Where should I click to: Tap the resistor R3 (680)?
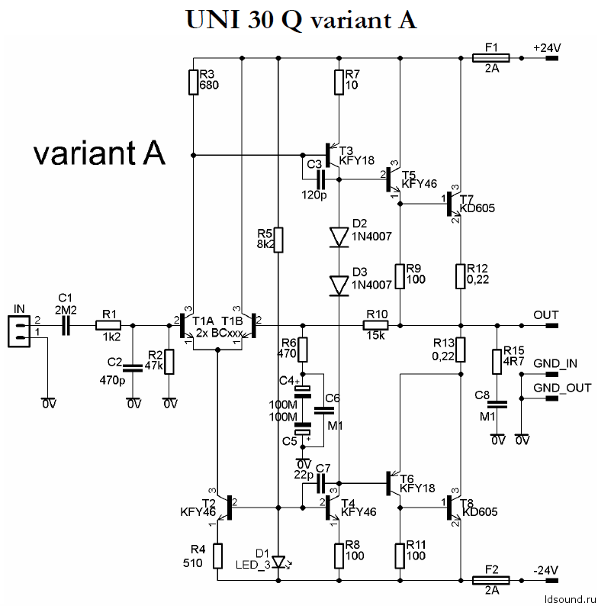[195, 82]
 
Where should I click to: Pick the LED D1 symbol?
[279, 562]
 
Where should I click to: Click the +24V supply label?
[548, 47]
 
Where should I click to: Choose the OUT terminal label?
[546, 315]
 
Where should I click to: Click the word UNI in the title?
[211, 20]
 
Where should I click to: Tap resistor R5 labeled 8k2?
[279, 240]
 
